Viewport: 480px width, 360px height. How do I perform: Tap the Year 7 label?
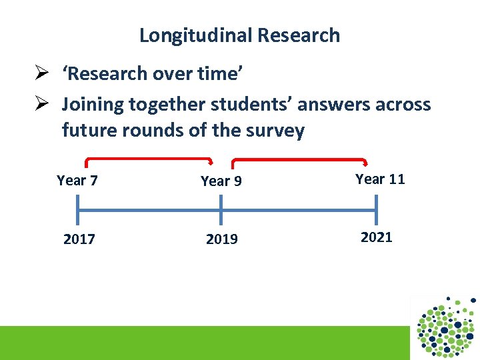click(x=77, y=180)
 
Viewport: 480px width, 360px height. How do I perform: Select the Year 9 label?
click(x=221, y=181)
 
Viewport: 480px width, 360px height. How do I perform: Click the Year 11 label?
click(x=380, y=179)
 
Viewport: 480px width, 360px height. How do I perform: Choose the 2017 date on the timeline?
click(x=79, y=239)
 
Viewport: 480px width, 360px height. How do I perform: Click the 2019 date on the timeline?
click(x=221, y=239)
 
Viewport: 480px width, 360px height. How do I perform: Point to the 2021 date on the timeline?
click(x=376, y=237)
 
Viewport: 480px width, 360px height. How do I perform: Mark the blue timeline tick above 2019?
click(x=221, y=211)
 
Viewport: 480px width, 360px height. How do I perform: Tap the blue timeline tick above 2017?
click(x=78, y=211)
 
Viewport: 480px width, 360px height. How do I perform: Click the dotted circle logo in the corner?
click(x=445, y=327)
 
